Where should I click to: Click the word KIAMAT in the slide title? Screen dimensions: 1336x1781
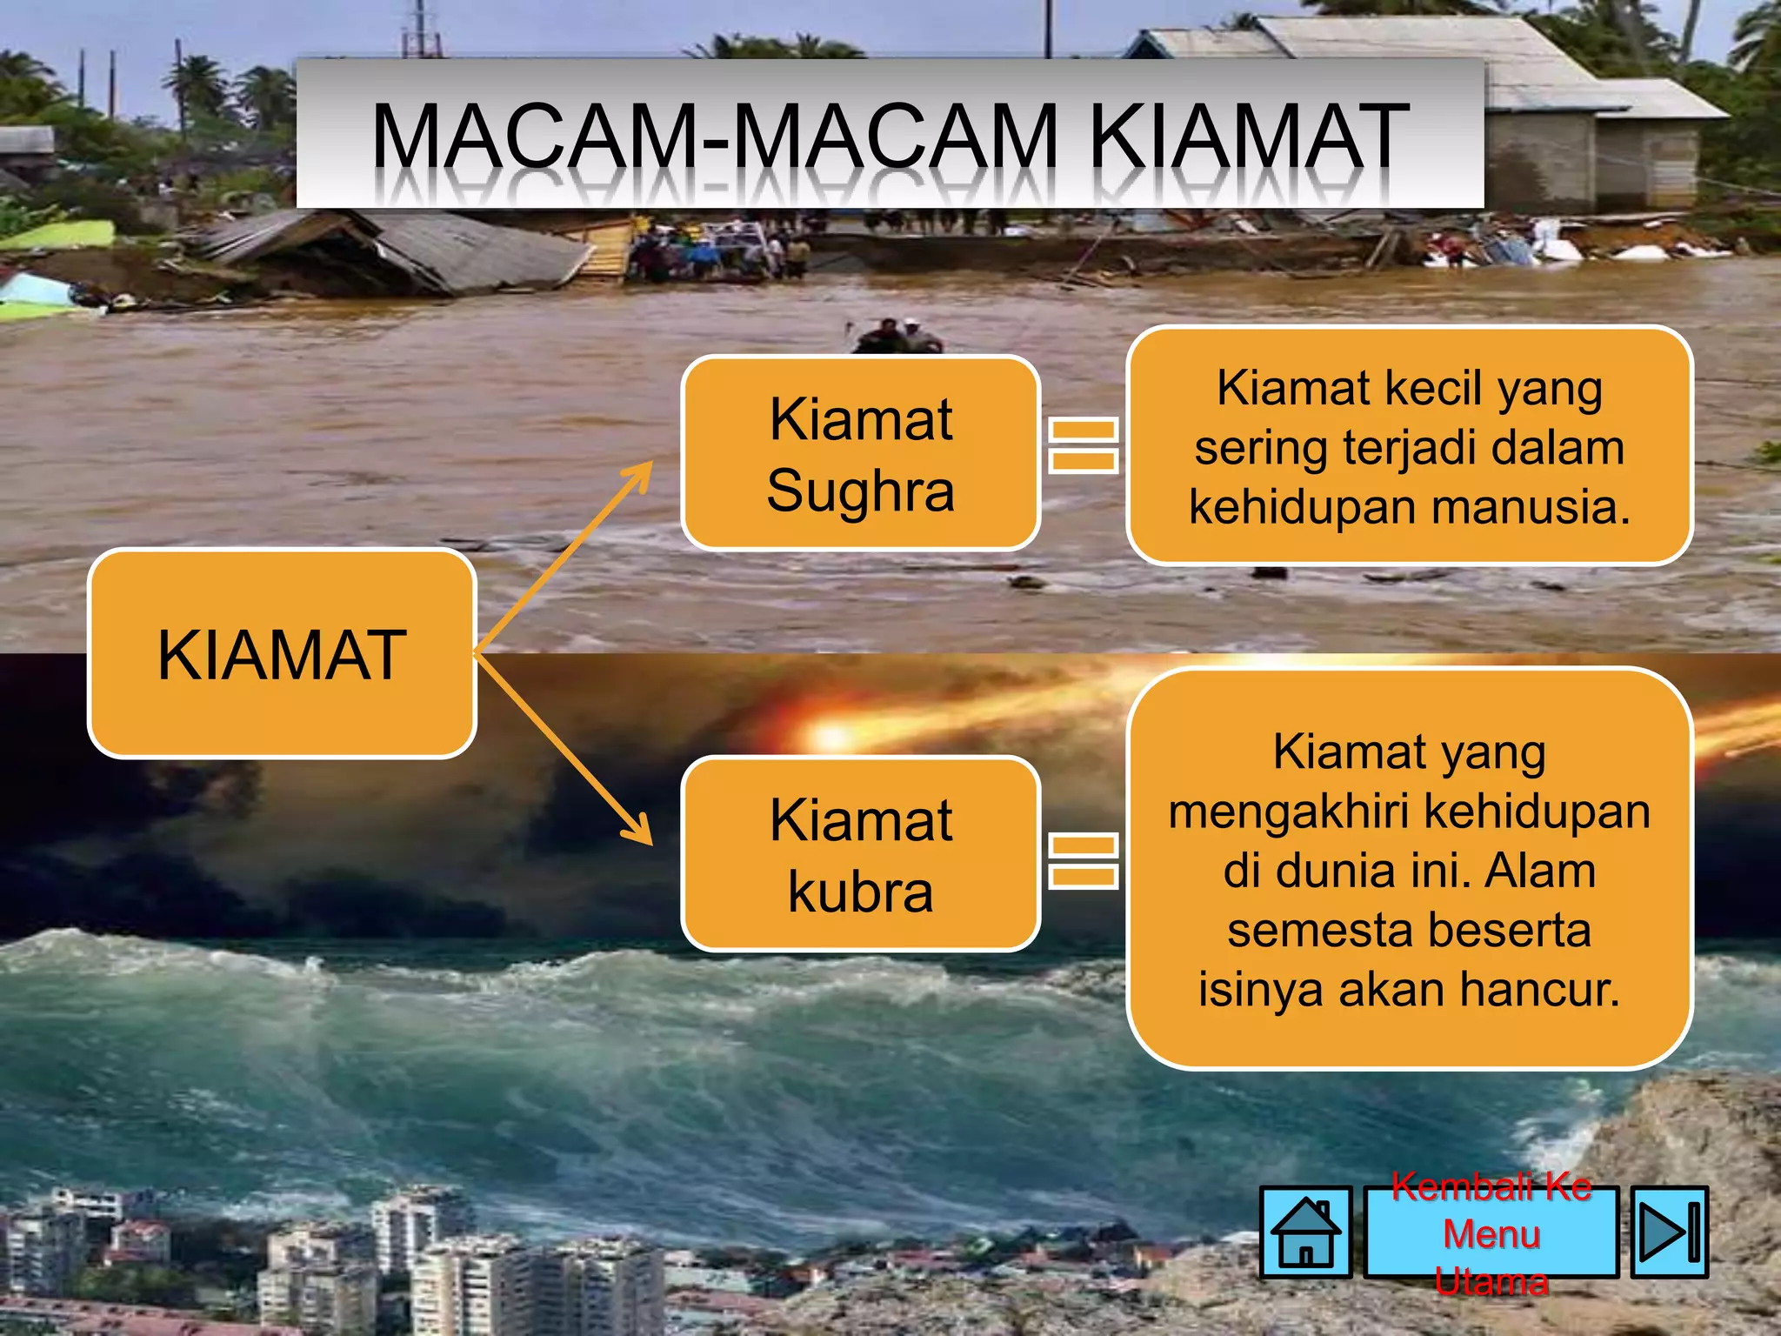1249,137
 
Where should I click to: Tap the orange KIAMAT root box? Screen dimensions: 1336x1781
282,654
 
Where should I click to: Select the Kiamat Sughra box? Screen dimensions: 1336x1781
861,453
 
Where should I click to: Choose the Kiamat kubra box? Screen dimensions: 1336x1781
861,854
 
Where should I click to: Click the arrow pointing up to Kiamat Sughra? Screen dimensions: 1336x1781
565,557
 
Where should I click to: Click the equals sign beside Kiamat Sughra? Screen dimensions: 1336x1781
1083,444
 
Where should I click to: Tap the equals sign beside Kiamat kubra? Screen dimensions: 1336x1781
1083,860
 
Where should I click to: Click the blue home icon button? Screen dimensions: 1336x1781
1305,1232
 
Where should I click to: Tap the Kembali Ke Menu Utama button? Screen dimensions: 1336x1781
1491,1233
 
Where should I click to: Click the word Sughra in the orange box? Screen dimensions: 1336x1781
861,491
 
